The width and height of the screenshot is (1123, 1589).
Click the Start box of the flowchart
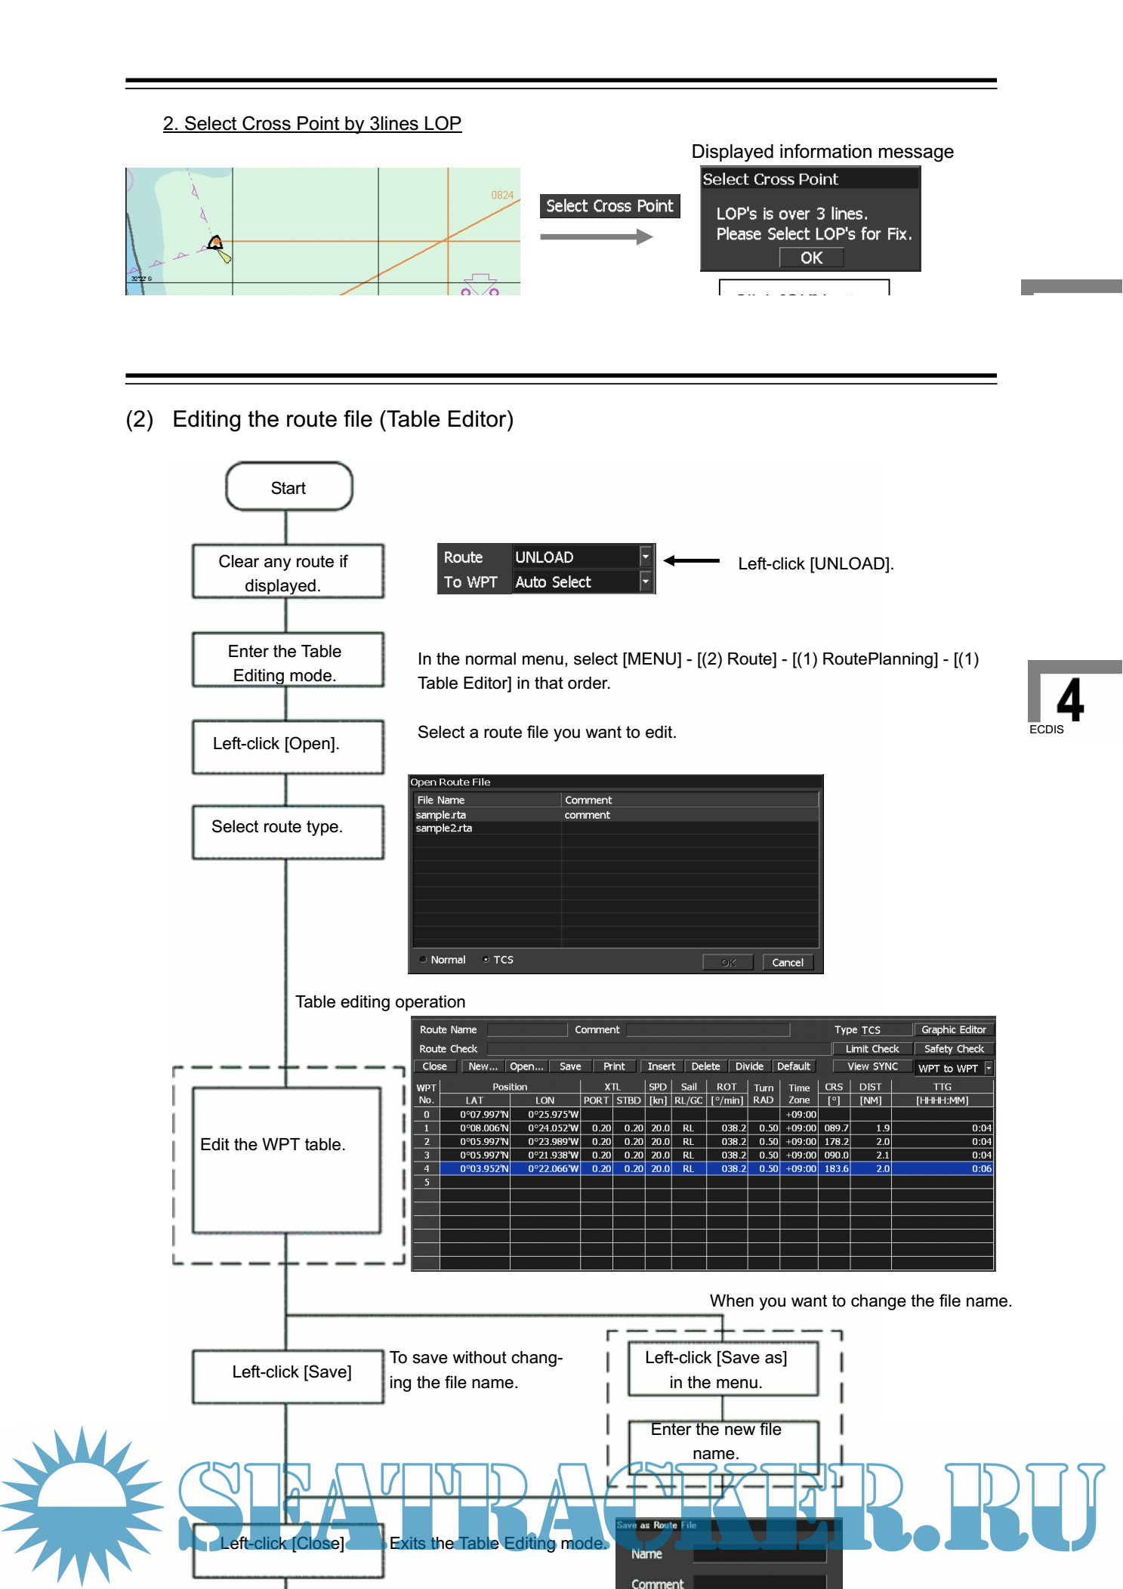point(288,487)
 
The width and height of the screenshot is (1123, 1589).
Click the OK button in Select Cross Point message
point(811,258)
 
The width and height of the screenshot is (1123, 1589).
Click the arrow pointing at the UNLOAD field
point(692,560)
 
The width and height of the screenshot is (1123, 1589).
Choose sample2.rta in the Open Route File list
point(444,828)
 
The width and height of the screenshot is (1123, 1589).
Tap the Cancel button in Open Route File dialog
point(788,962)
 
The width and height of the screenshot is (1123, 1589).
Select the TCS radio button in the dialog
point(486,960)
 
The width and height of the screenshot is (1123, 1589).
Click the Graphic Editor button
point(954,1029)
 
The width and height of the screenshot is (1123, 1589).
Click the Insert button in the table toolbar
point(661,1066)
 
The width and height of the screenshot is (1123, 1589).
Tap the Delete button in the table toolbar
point(705,1066)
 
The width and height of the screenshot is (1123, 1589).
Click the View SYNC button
point(872,1066)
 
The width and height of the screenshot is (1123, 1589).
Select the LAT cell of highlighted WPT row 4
point(484,1168)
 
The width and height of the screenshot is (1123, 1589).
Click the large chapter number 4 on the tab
point(1070,700)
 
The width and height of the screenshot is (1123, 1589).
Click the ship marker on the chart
point(216,243)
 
